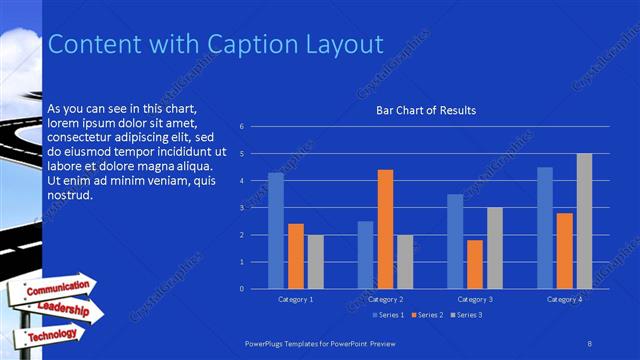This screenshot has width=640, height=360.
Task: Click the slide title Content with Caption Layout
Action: point(216,45)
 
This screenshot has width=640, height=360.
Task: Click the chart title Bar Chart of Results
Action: point(425,110)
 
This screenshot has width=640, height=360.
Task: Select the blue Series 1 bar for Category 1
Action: point(275,231)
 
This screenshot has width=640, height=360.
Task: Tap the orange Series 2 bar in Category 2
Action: point(385,229)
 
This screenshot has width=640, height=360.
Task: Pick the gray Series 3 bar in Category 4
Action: point(584,221)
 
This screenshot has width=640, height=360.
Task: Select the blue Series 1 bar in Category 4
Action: point(545,228)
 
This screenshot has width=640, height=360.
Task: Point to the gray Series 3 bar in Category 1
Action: point(315,261)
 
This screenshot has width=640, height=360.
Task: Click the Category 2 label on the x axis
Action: point(385,299)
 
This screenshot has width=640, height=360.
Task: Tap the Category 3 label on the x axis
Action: point(475,299)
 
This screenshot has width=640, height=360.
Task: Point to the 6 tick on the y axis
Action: point(242,127)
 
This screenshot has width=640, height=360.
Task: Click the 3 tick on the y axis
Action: point(242,208)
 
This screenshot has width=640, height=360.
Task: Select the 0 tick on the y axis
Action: point(242,289)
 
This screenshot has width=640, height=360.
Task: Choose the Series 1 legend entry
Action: point(388,315)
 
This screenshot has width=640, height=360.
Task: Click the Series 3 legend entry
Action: point(468,315)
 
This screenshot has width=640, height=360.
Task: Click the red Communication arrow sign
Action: point(57,289)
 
